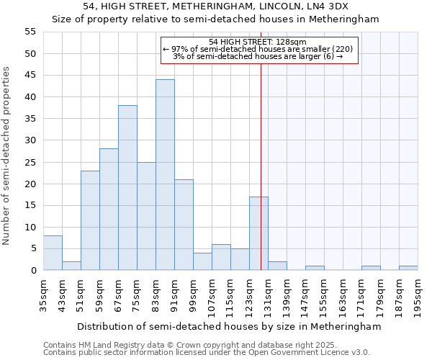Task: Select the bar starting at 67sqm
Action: pyautogui.click(x=127, y=188)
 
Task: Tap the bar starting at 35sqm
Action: pyautogui.click(x=53, y=253)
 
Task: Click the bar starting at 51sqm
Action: pyautogui.click(x=90, y=220)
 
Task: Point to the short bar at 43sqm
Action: pyautogui.click(x=71, y=266)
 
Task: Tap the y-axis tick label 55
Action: pyautogui.click(x=30, y=32)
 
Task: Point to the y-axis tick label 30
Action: pyautogui.click(x=30, y=140)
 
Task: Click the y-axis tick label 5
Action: pyautogui.click(x=32, y=248)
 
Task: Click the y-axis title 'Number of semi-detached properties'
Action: pyautogui.click(x=7, y=156)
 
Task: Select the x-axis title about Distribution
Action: pyautogui.click(x=228, y=326)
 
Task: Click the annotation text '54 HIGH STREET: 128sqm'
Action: pyautogui.click(x=258, y=42)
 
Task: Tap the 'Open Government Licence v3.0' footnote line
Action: pyautogui.click(x=207, y=352)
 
